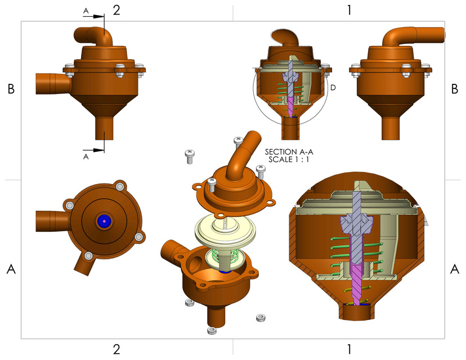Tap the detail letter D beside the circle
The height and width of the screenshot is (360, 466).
tap(333, 88)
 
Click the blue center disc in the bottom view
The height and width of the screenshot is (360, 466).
tap(104, 221)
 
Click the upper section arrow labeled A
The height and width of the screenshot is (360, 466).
tap(93, 16)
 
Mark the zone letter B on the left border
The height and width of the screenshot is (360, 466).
tap(11, 89)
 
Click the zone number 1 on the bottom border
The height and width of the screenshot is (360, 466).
tap(349, 349)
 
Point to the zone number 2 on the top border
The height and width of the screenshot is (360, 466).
tap(116, 10)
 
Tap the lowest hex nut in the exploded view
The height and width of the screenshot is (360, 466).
tap(212, 331)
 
